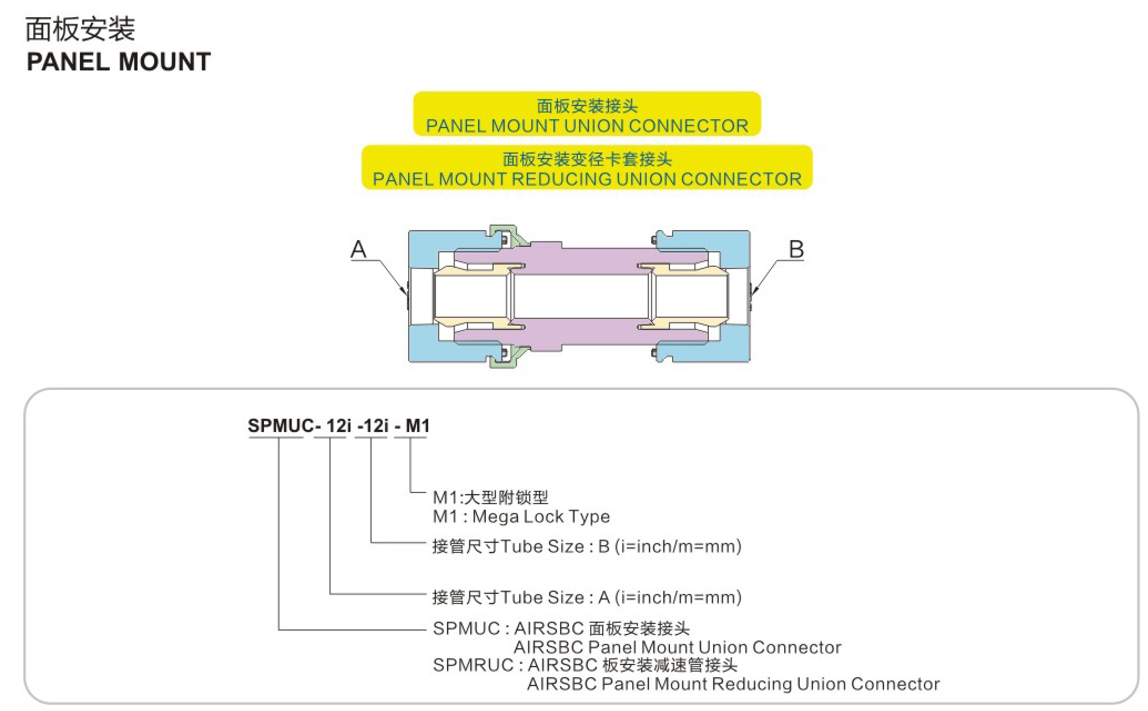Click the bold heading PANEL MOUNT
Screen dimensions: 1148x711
(x=119, y=62)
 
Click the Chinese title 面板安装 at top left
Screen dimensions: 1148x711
(x=80, y=29)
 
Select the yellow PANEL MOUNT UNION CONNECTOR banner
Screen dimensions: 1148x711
(x=587, y=114)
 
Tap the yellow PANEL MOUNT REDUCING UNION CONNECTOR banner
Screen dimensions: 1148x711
(x=587, y=167)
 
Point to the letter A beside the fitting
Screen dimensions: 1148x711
(x=359, y=249)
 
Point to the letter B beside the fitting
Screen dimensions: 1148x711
(x=796, y=249)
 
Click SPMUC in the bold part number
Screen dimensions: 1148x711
(x=281, y=426)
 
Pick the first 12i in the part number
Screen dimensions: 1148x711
(x=338, y=426)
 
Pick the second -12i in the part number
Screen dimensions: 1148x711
(x=373, y=426)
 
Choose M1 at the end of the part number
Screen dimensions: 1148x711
(x=418, y=426)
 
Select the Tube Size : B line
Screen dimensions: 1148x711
(x=587, y=546)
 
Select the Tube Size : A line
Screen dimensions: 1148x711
(x=587, y=597)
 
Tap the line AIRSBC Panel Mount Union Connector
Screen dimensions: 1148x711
(x=677, y=647)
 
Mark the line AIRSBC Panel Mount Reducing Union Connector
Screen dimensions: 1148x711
(x=733, y=684)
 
